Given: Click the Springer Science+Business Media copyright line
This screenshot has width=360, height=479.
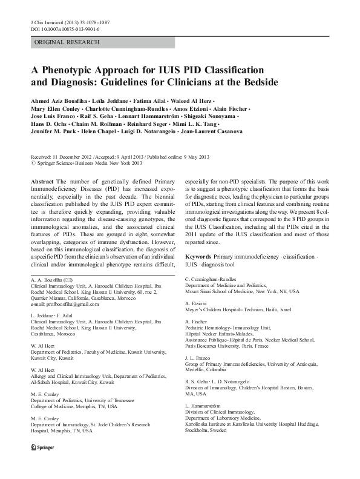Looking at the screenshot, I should (x=85, y=162).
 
